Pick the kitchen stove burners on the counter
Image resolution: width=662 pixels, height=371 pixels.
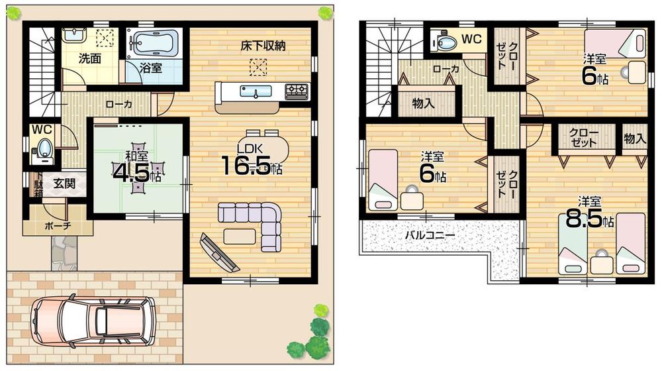[x=296, y=90]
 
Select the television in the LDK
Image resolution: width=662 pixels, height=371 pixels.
[x=219, y=252]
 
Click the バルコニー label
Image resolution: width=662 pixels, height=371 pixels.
[x=430, y=235]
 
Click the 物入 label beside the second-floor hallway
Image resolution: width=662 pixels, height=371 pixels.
[x=423, y=103]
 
